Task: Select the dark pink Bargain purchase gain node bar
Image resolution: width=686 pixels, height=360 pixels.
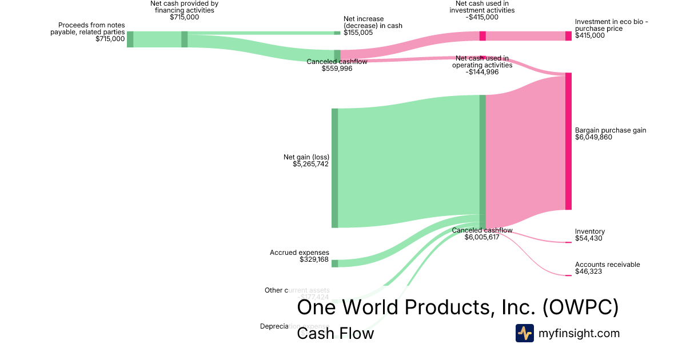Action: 568,141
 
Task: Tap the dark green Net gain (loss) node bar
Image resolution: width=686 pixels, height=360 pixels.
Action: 335,167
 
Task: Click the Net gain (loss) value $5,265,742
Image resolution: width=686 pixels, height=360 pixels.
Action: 311,164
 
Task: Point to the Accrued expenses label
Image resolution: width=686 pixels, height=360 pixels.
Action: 300,253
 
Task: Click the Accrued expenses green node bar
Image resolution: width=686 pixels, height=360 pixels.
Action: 335,263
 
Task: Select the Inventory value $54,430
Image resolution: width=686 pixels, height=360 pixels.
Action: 589,239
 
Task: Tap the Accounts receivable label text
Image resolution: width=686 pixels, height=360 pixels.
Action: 607,265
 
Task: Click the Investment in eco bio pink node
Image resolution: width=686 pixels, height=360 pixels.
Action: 568,36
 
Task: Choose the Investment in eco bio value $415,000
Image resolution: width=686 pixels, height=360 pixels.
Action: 590,35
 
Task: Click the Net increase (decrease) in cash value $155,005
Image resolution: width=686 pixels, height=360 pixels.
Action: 358,33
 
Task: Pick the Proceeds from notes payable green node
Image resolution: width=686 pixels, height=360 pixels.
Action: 130,39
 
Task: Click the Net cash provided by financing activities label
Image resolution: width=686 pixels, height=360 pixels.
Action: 184,7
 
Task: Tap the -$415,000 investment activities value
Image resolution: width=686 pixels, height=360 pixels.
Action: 482,17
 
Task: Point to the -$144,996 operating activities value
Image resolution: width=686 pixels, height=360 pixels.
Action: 482,72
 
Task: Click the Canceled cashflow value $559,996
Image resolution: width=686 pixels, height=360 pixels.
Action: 337,69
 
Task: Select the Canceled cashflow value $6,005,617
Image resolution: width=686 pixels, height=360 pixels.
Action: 482,237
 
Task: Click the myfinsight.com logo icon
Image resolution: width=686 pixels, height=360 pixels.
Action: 524,333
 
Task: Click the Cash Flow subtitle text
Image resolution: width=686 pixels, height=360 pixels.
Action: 335,333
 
